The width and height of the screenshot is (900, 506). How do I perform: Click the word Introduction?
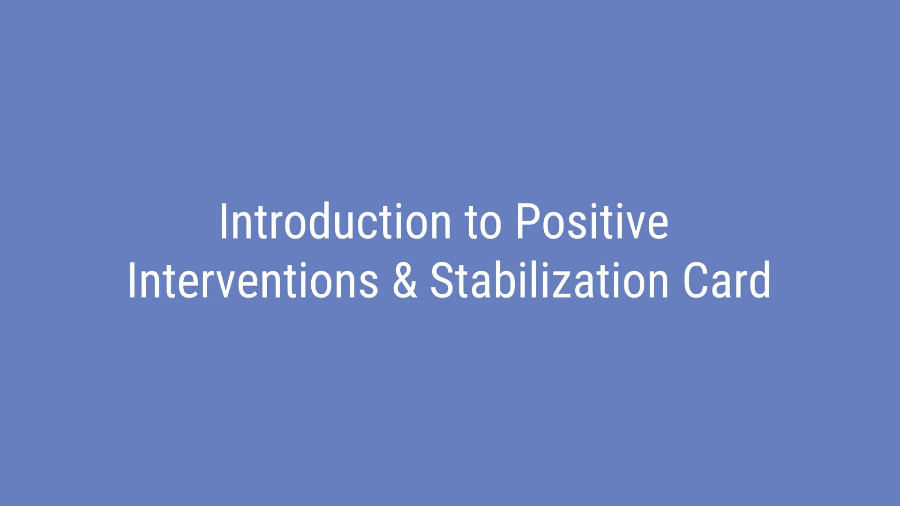point(335,222)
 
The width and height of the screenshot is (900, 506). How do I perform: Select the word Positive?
point(592,222)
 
